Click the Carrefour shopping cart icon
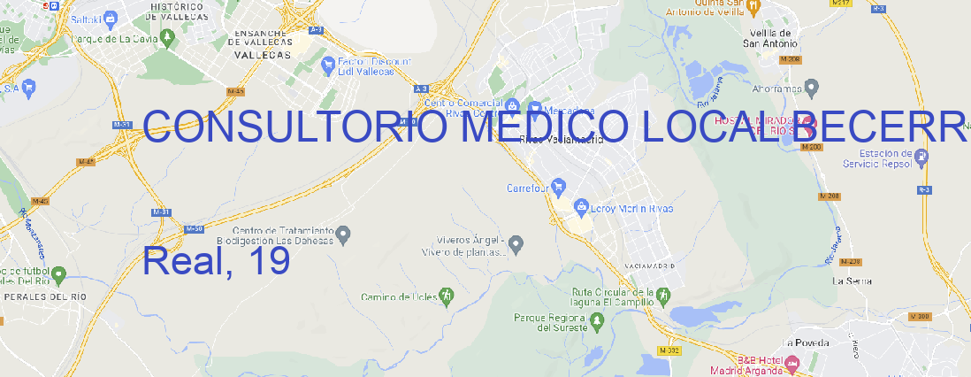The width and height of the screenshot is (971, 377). (559, 187)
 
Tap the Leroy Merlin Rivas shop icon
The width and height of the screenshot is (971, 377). (581, 208)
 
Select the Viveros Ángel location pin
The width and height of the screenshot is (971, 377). (518, 243)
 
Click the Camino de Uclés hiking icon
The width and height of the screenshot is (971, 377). (447, 296)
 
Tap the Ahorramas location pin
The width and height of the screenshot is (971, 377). (812, 88)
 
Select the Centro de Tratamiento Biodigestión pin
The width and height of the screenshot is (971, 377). (344, 235)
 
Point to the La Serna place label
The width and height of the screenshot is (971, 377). (852, 281)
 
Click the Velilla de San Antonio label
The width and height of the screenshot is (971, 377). (770, 37)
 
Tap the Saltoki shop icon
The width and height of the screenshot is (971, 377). (110, 17)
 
